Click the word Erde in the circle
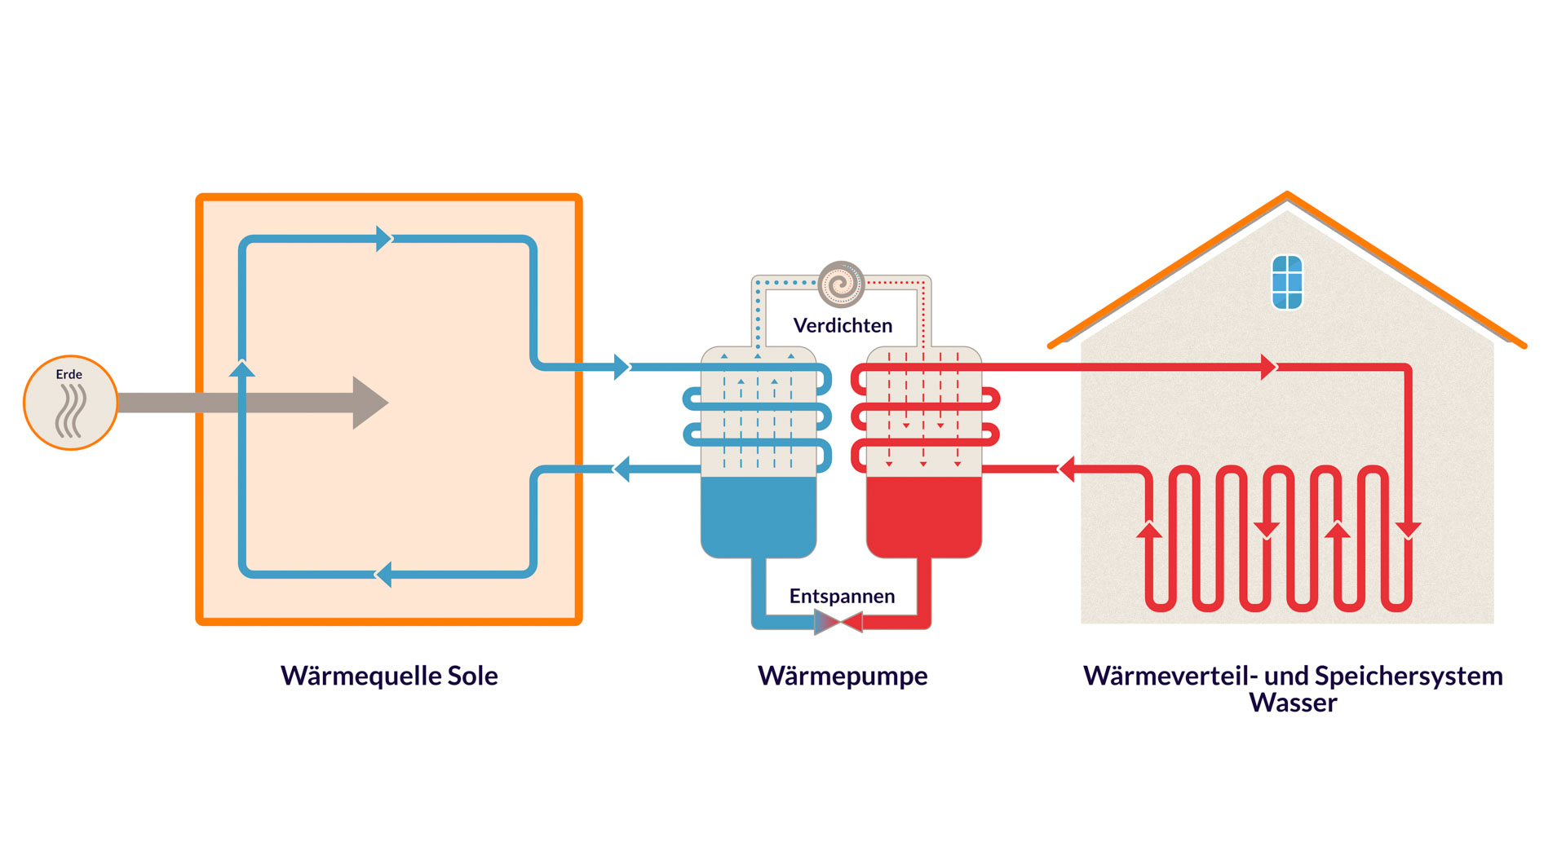[69, 374]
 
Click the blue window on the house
[1287, 282]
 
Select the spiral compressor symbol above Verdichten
[841, 284]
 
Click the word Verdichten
[843, 326]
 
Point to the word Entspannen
[842, 596]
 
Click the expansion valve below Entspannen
[839, 624]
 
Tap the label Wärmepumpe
[843, 676]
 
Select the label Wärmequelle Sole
[389, 676]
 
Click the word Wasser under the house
[1293, 703]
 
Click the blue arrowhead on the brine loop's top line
[383, 239]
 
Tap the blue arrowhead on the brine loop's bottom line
[383, 574]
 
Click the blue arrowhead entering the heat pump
[622, 367]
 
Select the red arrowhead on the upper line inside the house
[1267, 367]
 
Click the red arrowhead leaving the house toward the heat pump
[1066, 469]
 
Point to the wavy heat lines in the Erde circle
[71, 410]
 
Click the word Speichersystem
[1409, 676]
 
